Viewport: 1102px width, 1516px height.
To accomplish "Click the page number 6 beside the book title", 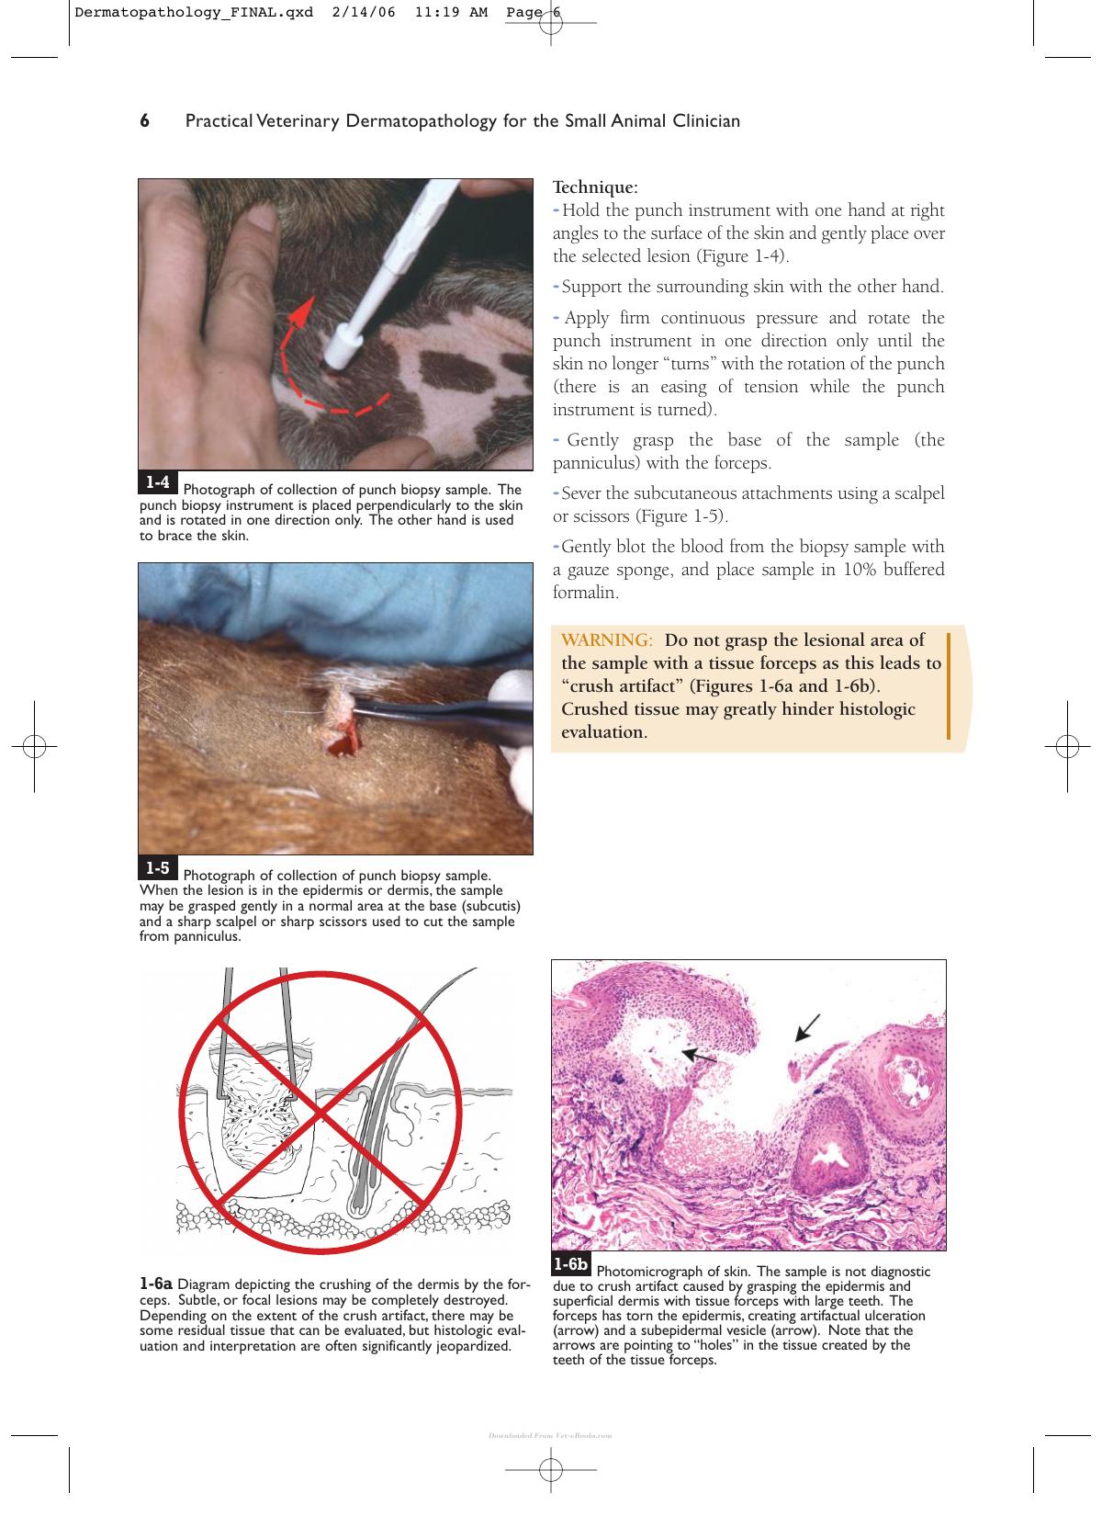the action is tap(144, 121).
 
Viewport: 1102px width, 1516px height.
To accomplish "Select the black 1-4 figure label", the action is tap(158, 481).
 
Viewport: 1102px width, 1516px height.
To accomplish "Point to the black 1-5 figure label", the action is tap(158, 867).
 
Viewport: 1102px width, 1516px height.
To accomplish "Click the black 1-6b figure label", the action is tap(571, 1263).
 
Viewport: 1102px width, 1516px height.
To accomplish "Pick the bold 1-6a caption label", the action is tap(155, 1284).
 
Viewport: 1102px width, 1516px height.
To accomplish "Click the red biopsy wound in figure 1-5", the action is tap(343, 742).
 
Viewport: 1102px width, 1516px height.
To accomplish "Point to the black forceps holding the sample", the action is tap(441, 716).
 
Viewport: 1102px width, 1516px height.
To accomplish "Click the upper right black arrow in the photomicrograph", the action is tap(807, 1027).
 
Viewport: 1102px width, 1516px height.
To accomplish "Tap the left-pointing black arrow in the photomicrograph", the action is tap(699, 1056).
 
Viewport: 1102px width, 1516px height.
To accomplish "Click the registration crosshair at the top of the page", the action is tap(551, 23).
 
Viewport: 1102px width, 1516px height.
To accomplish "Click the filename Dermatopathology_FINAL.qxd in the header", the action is tap(194, 13).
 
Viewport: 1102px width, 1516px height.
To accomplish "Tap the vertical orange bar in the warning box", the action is tap(948, 686).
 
